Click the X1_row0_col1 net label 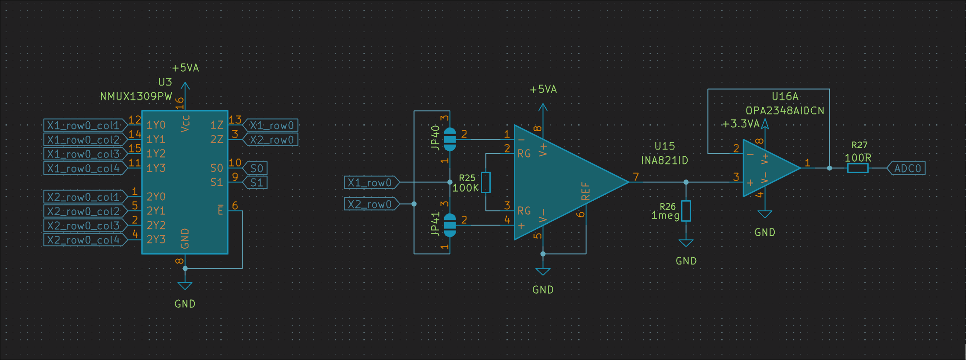[x=84, y=126]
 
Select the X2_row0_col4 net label [x=84, y=240]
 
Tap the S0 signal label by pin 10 [x=256, y=168]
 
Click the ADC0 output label [x=907, y=168]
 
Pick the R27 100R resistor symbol [x=858, y=168]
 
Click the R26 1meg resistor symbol [x=686, y=211]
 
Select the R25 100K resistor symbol [x=486, y=182]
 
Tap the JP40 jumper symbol [x=450, y=139]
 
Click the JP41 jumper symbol [x=450, y=225]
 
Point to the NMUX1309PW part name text [x=136, y=97]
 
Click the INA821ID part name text [x=664, y=161]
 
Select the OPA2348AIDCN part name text [x=785, y=111]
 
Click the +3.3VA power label [x=741, y=124]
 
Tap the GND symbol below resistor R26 [x=686, y=243]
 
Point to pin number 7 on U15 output [x=636, y=177]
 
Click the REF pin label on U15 [x=585, y=191]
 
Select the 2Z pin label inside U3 [x=217, y=140]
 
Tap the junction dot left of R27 [x=829, y=168]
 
